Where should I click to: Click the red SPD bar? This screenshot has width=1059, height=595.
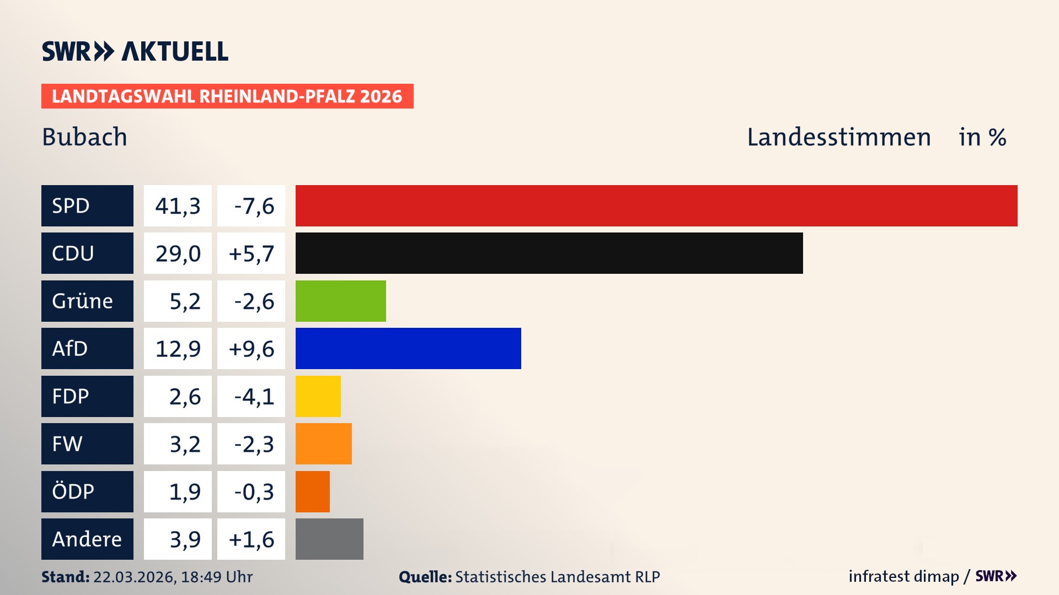pyautogui.click(x=656, y=205)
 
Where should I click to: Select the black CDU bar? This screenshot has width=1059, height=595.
pyautogui.click(x=549, y=253)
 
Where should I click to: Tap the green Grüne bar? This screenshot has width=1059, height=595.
pyautogui.click(x=340, y=301)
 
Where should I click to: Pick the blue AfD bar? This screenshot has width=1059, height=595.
pyautogui.click(x=408, y=348)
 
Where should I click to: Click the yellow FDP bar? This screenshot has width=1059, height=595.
pyautogui.click(x=318, y=396)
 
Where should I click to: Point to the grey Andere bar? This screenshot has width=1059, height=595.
pyautogui.click(x=329, y=539)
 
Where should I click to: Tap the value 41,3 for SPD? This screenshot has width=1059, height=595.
pyautogui.click(x=178, y=206)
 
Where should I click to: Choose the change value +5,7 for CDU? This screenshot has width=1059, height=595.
pyautogui.click(x=251, y=253)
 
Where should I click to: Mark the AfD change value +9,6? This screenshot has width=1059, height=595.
pyautogui.click(x=251, y=349)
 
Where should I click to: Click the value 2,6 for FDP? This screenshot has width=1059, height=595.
pyautogui.click(x=184, y=397)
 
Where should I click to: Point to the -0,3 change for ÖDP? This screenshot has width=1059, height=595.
pyautogui.click(x=254, y=491)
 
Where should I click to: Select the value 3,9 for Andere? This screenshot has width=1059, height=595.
pyautogui.click(x=184, y=539)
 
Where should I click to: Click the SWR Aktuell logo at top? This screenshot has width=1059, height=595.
pyautogui.click(x=135, y=51)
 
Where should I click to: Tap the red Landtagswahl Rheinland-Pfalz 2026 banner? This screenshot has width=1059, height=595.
pyautogui.click(x=227, y=96)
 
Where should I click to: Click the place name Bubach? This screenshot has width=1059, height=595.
pyautogui.click(x=84, y=137)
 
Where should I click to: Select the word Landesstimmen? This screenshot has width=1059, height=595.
pyautogui.click(x=838, y=137)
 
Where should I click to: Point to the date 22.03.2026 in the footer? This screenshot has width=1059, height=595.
pyautogui.click(x=134, y=577)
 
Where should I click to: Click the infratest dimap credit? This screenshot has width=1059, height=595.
pyautogui.click(x=903, y=576)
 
